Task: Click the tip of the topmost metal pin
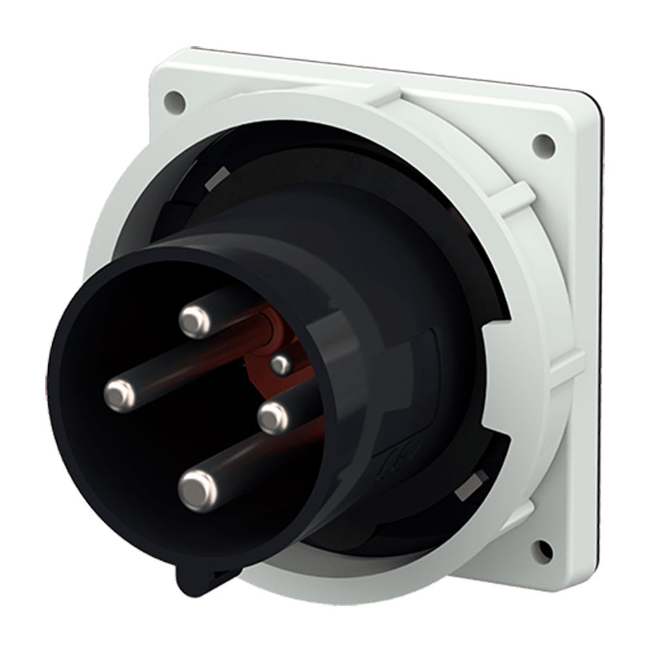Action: click(193, 319)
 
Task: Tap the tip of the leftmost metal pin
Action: click(118, 393)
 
